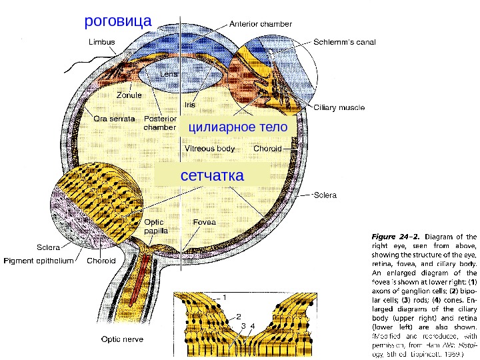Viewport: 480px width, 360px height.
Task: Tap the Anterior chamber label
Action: click(x=261, y=23)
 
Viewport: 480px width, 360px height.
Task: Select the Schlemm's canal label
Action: click(x=345, y=42)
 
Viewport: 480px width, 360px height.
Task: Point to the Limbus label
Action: click(x=102, y=41)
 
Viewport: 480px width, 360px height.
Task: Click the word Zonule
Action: click(x=129, y=95)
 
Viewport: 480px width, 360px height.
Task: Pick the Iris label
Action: click(x=189, y=105)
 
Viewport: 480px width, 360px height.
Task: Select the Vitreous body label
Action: click(x=209, y=149)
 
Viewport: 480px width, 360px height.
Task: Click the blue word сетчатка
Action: click(x=213, y=175)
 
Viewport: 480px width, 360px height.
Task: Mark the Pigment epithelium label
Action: click(x=39, y=261)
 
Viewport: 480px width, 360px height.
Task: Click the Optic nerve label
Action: click(x=121, y=339)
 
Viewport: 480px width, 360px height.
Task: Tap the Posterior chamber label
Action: click(x=160, y=123)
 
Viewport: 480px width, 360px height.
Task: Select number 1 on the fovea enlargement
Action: click(x=225, y=296)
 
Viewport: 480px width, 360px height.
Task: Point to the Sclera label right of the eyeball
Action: click(x=325, y=196)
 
